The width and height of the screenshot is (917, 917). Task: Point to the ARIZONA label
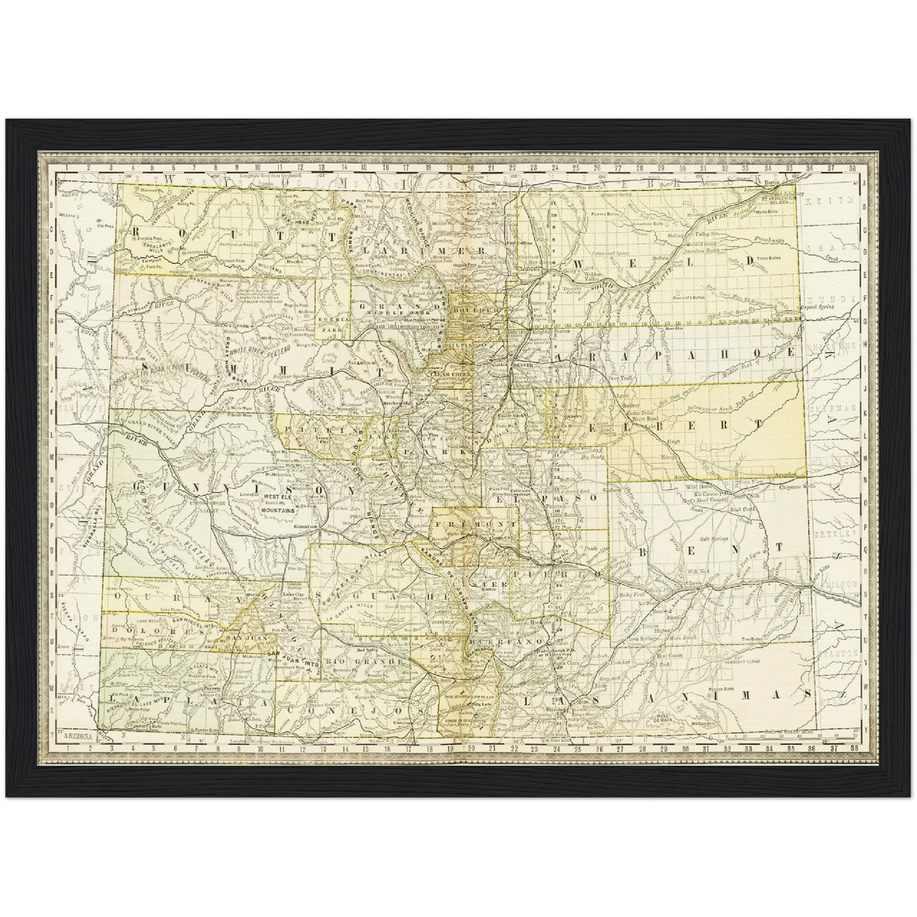coord(74,737)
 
